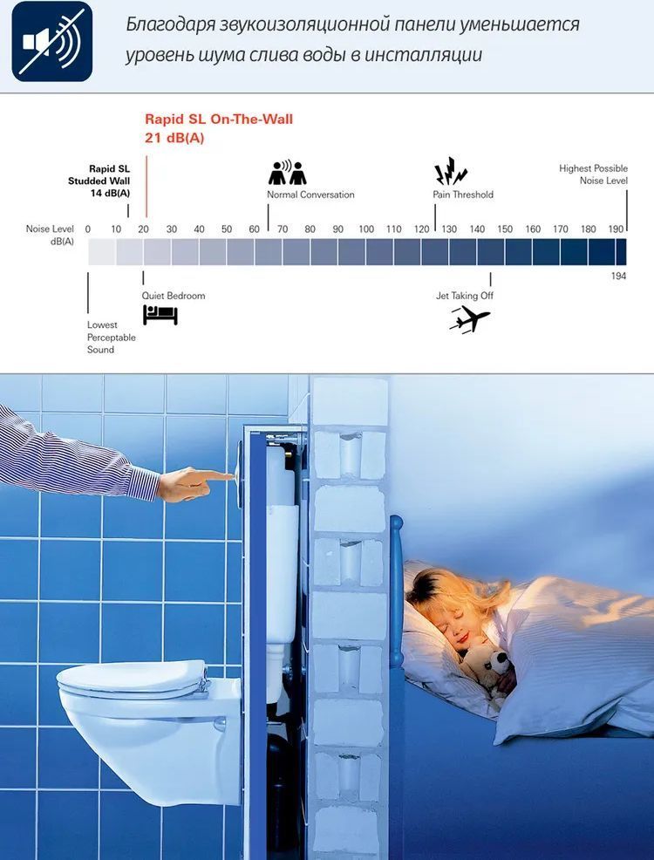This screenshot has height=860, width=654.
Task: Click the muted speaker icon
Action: click(52, 42)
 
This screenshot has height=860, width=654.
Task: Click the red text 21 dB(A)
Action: click(174, 138)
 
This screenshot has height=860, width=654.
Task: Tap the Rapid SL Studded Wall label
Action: click(99, 181)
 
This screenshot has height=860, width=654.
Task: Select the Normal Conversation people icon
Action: click(287, 172)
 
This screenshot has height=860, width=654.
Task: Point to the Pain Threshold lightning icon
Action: click(451, 171)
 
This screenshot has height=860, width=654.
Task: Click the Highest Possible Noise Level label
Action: click(593, 174)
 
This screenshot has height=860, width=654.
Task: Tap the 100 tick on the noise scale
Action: click(366, 229)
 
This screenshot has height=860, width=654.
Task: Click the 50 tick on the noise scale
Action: click(227, 229)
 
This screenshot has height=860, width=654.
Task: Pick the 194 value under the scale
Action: click(618, 276)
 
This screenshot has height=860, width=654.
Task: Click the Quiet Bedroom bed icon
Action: click(160, 315)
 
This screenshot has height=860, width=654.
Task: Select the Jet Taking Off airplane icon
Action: click(469, 319)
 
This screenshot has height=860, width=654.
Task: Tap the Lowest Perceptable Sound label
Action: click(111, 338)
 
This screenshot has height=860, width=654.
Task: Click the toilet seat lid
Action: click(132, 679)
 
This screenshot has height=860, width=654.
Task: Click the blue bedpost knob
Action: click(397, 522)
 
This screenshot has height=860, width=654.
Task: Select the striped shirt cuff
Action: click(144, 482)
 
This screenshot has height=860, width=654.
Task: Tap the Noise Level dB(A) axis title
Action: click(50, 235)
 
